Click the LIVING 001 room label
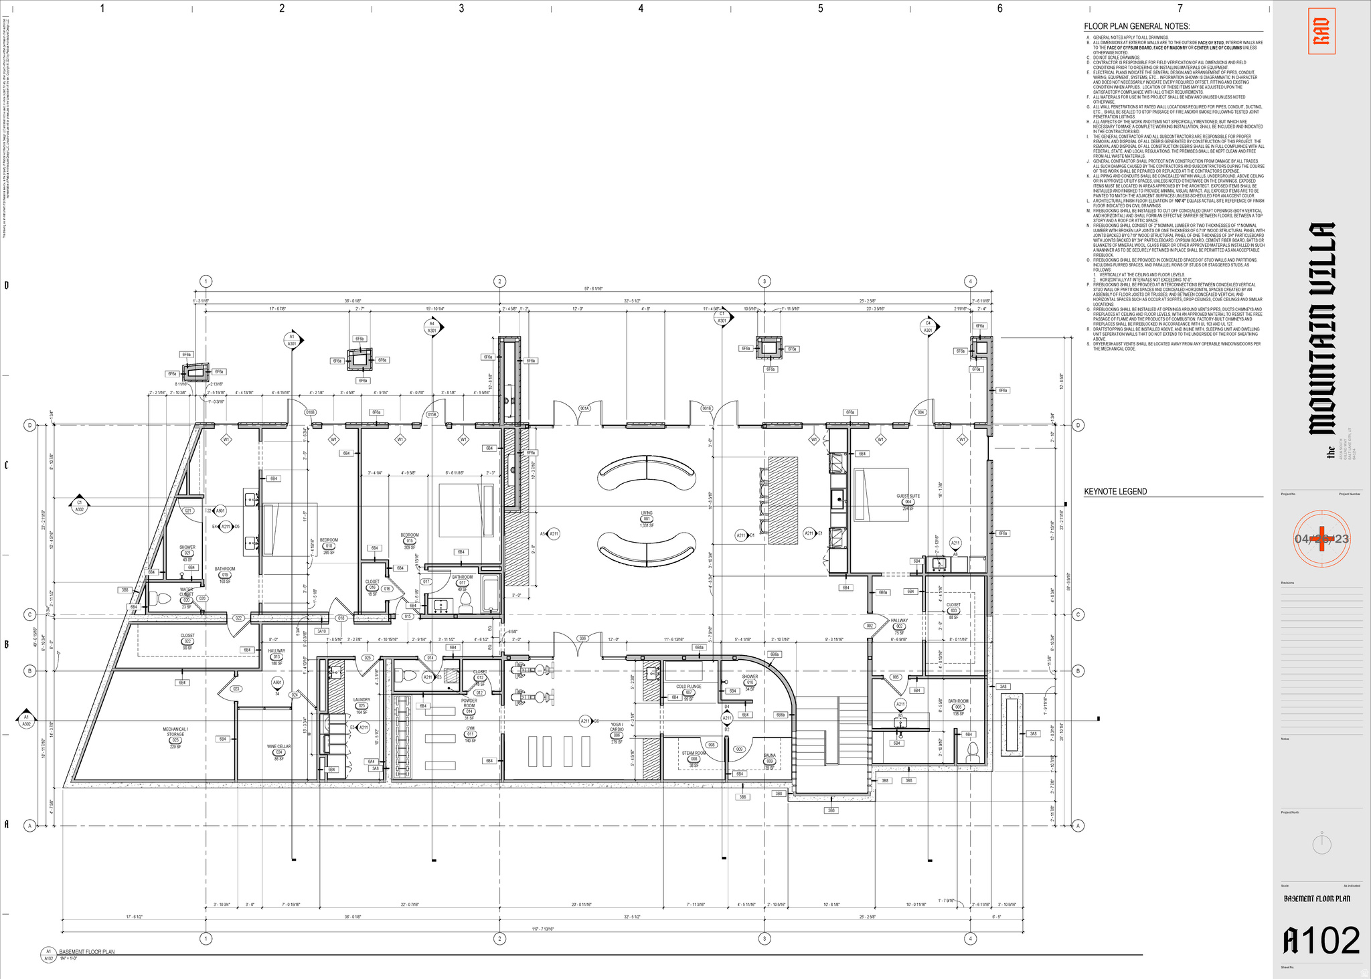tap(646, 519)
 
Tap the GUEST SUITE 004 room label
tap(908, 501)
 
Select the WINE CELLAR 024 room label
tap(278, 752)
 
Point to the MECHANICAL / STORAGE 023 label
tap(175, 735)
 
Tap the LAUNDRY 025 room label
tap(361, 705)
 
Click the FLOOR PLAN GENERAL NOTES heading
tap(1137, 27)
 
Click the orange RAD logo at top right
tap(1321, 31)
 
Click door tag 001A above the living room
tap(584, 408)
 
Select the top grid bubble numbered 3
tap(764, 281)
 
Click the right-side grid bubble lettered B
tap(1078, 671)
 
